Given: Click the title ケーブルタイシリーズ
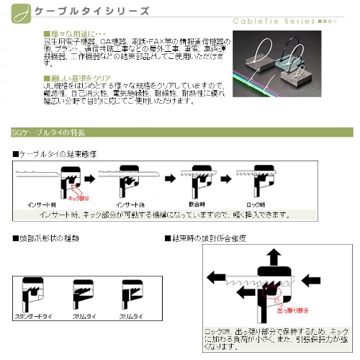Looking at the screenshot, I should [86, 12].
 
